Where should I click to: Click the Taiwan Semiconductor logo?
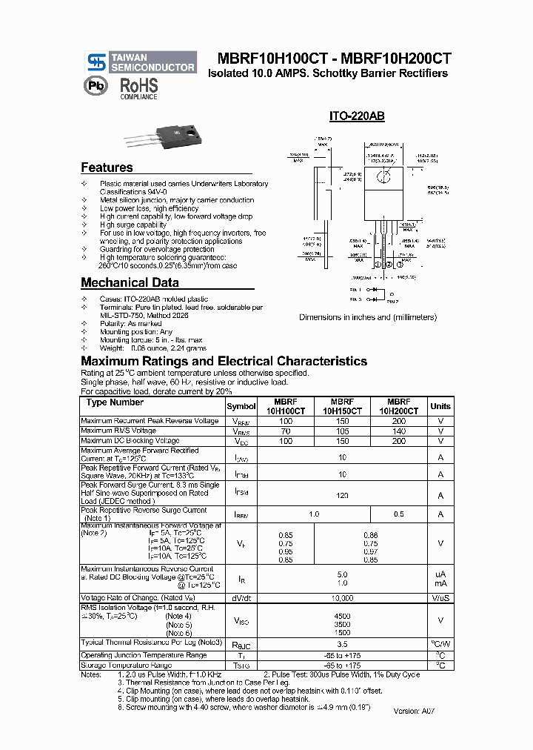pos(141,62)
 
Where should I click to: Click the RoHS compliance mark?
pos(139,87)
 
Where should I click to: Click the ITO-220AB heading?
pos(356,116)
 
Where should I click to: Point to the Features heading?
pos(107,167)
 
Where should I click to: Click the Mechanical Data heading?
pos(130,282)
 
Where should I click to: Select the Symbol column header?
pos(241,406)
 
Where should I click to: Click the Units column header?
pos(440,406)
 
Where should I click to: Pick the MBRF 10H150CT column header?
pos(342,406)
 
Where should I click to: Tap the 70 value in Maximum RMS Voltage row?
pos(285,431)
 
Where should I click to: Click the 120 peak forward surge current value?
pos(342,495)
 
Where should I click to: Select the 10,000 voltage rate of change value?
pos(342,597)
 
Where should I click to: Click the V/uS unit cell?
pos(440,597)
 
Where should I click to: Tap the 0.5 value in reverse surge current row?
pos(399,514)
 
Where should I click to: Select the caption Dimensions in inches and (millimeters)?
pos(367,317)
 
